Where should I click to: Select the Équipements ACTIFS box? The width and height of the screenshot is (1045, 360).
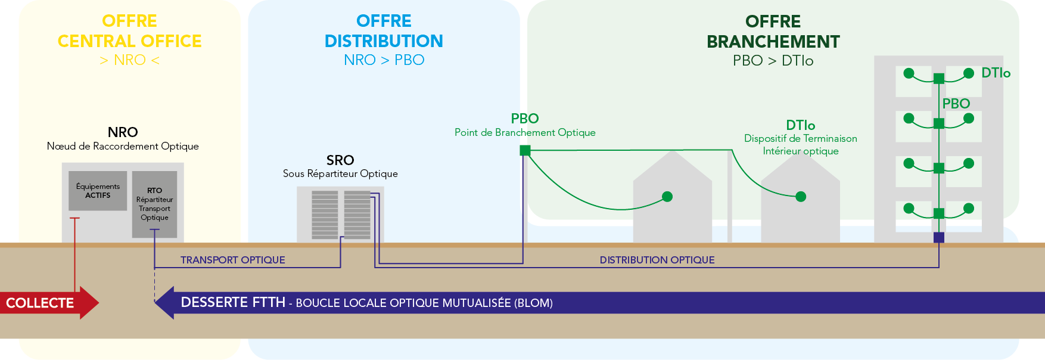click(x=98, y=191)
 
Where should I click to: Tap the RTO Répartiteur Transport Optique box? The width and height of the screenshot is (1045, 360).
click(x=154, y=204)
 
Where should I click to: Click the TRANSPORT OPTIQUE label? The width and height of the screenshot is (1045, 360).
click(x=233, y=260)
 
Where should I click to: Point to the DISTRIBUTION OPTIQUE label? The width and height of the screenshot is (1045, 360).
click(x=657, y=260)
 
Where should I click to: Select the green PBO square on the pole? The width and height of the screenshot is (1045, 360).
click(x=525, y=150)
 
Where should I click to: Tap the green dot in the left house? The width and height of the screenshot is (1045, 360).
click(x=667, y=197)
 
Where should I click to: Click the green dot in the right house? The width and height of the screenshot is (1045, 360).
click(x=801, y=197)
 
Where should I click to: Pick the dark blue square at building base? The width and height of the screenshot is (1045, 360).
click(x=939, y=237)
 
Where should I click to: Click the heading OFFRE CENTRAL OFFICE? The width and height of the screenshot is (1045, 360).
click(x=129, y=31)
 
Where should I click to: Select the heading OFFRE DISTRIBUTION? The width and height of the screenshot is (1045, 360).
click(x=384, y=31)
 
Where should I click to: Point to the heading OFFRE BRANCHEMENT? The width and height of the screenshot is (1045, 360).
click(x=773, y=32)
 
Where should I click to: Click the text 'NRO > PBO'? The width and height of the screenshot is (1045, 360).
click(x=384, y=60)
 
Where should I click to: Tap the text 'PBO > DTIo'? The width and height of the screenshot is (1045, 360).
click(x=773, y=61)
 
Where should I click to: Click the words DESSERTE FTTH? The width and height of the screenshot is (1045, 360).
click(x=233, y=302)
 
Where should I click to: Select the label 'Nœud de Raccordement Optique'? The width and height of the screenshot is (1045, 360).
click(x=123, y=146)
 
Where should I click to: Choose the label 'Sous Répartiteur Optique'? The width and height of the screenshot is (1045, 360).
click(x=340, y=173)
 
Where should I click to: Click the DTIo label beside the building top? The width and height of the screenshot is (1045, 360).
click(x=996, y=73)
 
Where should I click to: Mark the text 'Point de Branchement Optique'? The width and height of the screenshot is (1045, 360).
click(x=525, y=132)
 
